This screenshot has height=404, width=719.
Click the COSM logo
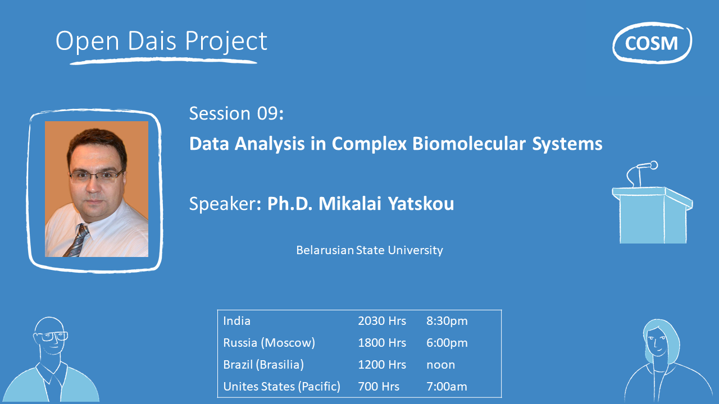652,43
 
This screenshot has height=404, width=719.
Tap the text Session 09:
236,113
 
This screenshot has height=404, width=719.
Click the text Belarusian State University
370,250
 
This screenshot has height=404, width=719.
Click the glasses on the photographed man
96,176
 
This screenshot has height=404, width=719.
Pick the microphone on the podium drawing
646,166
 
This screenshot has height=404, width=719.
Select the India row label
237,321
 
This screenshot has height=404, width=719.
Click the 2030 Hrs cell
382,321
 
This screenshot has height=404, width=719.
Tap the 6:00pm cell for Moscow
447,343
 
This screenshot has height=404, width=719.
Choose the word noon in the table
441,365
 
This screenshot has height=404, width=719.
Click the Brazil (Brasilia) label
263,365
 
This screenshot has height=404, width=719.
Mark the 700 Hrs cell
379,387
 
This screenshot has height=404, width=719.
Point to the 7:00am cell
447,387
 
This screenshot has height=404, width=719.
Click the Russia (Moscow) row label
269,343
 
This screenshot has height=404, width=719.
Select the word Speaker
222,204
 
